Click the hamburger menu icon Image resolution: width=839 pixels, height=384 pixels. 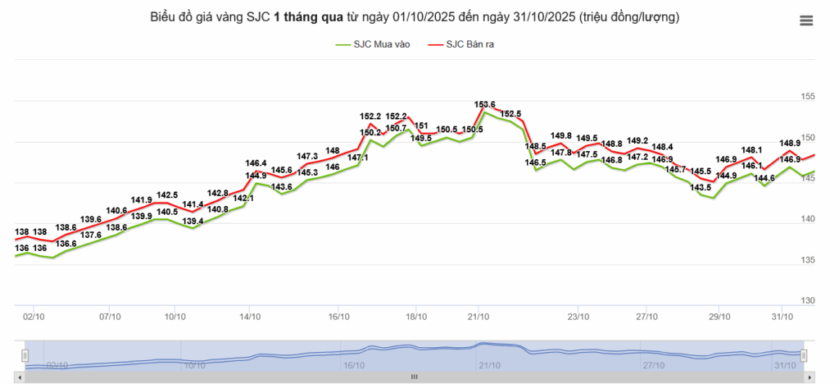coord(806,21)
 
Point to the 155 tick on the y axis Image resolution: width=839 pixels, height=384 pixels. coord(808,96)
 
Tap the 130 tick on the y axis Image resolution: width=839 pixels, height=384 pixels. coord(808,300)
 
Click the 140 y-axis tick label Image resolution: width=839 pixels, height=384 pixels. coord(808,219)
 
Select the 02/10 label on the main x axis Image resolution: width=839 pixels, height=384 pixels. coord(34,316)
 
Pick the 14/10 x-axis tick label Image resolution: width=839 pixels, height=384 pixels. coord(250,316)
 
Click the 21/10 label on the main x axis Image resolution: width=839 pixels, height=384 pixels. coord(478,316)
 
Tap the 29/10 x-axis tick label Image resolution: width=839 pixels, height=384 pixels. coord(719,316)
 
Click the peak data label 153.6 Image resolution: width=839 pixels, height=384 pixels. coord(485,104)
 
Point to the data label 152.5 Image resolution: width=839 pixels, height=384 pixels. coord(510,114)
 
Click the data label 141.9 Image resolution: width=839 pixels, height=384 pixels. coord(142,199)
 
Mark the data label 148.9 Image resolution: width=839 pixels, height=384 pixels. coord(790,143)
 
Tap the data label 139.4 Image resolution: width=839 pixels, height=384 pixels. coord(193,222)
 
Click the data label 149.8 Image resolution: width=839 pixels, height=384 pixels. coord(561,135)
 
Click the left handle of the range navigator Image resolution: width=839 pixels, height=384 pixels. coord(25,354)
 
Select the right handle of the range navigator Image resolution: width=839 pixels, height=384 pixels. coord(804,354)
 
